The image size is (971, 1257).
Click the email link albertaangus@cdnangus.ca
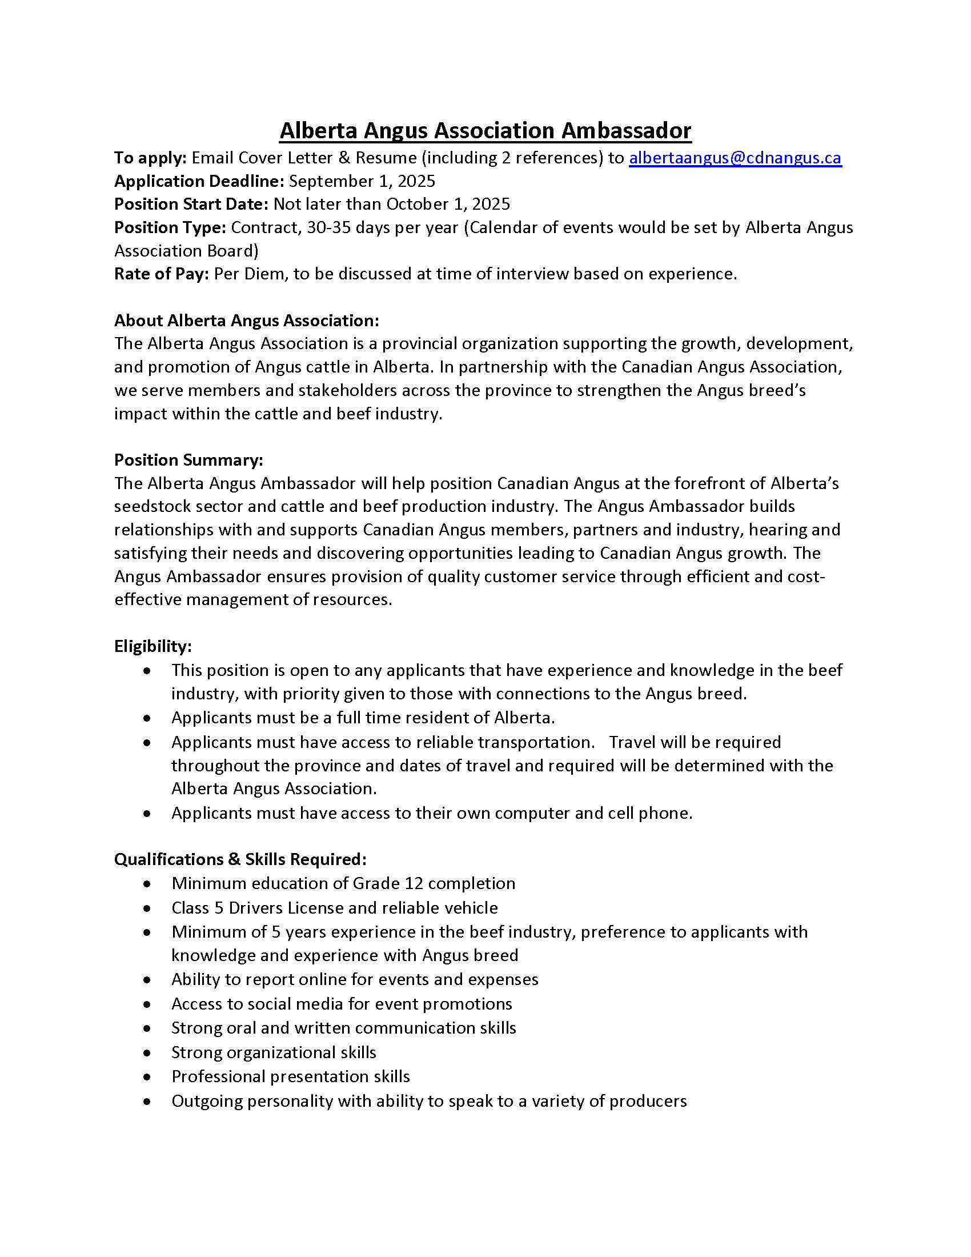pyautogui.click(x=735, y=158)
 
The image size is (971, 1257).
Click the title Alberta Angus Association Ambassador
pyautogui.click(x=485, y=131)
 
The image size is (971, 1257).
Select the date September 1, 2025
pyautogui.click(x=362, y=181)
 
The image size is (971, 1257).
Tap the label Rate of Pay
pyautogui.click(x=161, y=274)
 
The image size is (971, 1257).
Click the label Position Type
pyautogui.click(x=170, y=227)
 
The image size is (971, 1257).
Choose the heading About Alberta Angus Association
pyautogui.click(x=246, y=321)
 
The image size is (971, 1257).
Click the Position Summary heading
pyautogui.click(x=188, y=460)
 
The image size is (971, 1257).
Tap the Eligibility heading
pyautogui.click(x=153, y=646)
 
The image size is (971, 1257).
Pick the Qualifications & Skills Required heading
pyautogui.click(x=240, y=859)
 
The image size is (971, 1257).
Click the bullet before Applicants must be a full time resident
pyautogui.click(x=148, y=718)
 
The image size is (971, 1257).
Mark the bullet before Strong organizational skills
pyautogui.click(x=148, y=1053)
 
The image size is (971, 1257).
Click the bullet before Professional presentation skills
pyautogui.click(x=148, y=1078)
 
